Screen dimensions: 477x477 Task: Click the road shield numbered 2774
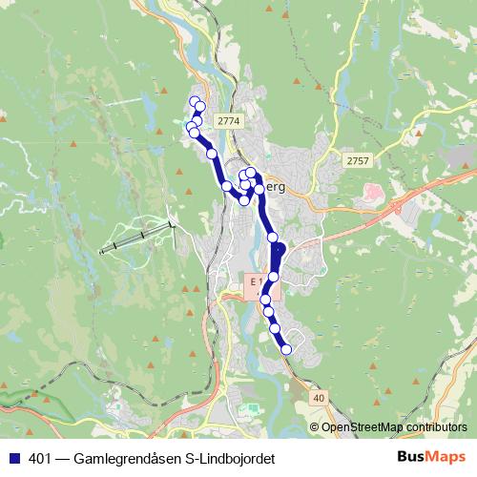(229, 121)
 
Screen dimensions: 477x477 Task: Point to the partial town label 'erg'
(274, 187)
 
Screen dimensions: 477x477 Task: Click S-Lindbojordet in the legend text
(229, 459)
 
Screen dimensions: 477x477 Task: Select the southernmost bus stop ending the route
(286, 350)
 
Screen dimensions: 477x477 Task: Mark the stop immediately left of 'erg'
(259, 189)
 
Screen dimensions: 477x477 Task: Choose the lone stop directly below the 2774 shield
(212, 154)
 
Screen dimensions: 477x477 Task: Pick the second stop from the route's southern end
(276, 328)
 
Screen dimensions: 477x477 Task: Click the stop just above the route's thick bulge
(272, 237)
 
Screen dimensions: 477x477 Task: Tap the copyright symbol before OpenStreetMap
(315, 427)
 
